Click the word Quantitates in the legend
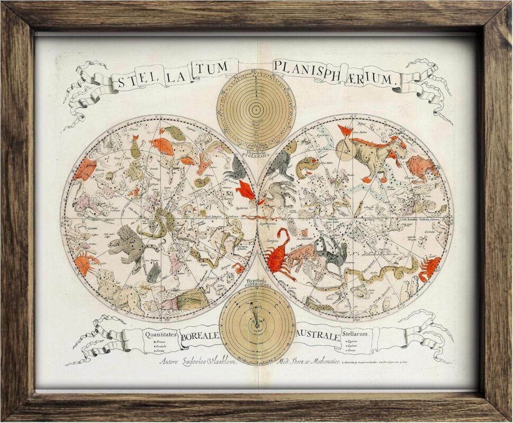(x=156, y=334)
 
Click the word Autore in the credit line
(x=172, y=362)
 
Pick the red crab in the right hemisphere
(x=430, y=267)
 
